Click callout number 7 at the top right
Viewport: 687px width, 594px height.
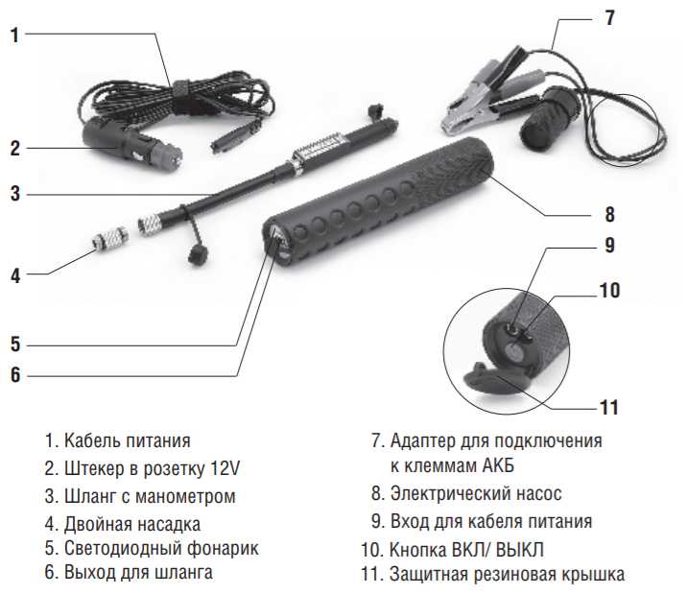[609, 18]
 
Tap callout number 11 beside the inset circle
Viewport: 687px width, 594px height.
[609, 408]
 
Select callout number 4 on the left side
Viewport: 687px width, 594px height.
[15, 275]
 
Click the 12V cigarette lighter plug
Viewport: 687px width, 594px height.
[132, 144]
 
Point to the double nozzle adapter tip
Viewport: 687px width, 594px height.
[110, 239]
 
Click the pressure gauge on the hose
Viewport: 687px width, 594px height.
[320, 146]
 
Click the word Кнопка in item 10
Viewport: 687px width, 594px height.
[417, 549]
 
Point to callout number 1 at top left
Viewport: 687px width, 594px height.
[15, 36]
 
